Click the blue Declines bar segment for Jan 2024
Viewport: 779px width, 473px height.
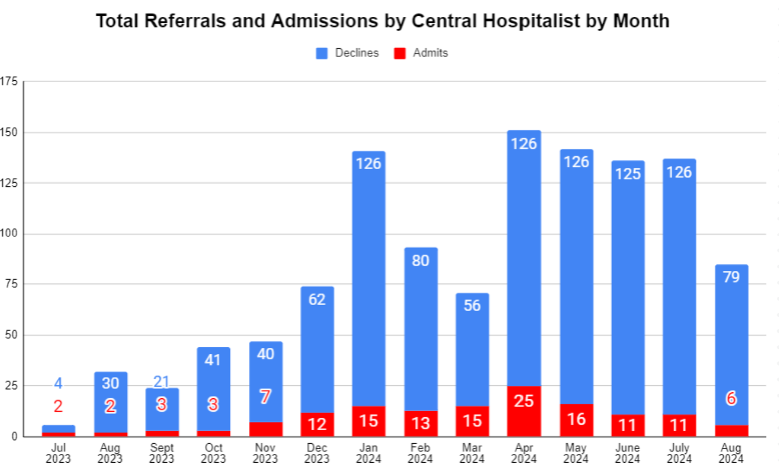(369, 282)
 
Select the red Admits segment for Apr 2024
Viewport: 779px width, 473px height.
(524, 412)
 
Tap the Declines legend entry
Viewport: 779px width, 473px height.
(347, 53)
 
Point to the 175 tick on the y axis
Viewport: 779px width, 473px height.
(9, 81)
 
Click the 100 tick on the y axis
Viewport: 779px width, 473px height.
(9, 234)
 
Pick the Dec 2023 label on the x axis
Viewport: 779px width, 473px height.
(317, 453)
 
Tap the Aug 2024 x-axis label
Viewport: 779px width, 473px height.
(731, 453)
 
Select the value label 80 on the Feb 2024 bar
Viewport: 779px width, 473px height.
(420, 261)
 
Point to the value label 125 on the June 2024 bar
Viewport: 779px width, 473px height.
(628, 174)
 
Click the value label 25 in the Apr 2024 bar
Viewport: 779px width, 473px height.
(524, 401)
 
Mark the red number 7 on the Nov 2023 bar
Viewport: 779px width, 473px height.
(265, 397)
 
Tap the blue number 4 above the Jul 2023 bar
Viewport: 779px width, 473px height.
(58, 384)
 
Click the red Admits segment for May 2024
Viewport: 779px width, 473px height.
(576, 420)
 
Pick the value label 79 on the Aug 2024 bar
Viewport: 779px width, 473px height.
(731, 277)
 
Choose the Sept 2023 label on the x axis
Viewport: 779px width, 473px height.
(162, 453)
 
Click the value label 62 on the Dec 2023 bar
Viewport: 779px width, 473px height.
(317, 300)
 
